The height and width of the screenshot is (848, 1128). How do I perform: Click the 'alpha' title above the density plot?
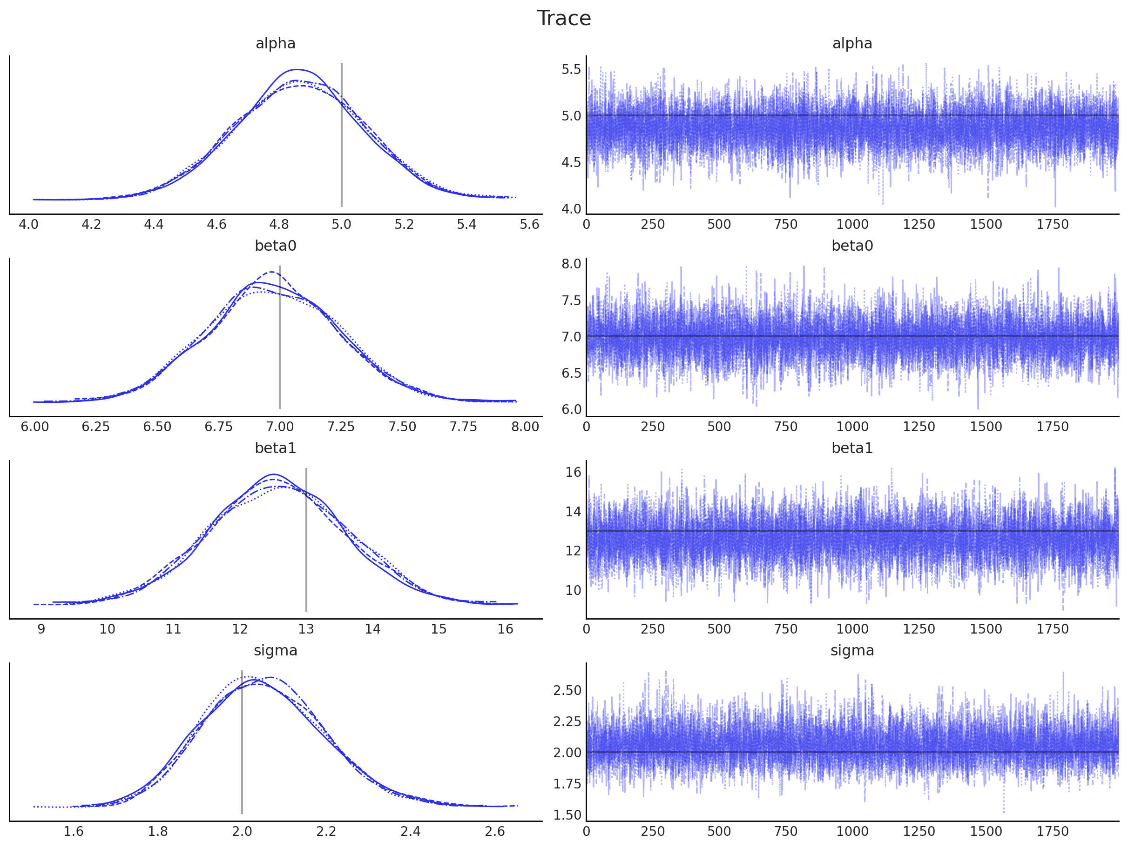pos(276,44)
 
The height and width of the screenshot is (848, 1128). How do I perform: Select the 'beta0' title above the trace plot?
pos(852,246)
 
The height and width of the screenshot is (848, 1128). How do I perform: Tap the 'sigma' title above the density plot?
pos(276,651)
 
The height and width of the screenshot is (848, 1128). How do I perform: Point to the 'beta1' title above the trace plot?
pos(852,448)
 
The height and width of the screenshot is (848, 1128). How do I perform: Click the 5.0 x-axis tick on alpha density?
pos(341,225)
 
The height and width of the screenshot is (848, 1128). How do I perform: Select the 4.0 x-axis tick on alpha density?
pos(28,225)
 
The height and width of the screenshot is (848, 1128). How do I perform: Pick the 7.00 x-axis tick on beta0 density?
pos(279,427)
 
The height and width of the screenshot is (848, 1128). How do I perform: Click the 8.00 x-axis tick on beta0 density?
pos(525,427)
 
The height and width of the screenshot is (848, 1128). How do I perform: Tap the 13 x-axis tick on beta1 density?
pos(306,629)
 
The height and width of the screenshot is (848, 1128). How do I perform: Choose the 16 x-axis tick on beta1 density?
pos(505,629)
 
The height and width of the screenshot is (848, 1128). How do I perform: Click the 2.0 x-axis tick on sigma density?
pos(242,832)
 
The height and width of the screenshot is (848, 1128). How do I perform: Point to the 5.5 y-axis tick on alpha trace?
pos(571,70)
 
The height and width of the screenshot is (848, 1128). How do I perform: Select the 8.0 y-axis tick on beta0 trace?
pos(571,264)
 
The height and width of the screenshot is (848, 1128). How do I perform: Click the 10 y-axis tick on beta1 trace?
pos(573,591)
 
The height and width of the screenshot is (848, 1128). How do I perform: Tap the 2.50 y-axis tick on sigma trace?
pos(567,690)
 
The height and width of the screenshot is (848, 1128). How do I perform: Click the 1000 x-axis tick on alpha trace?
pos(852,225)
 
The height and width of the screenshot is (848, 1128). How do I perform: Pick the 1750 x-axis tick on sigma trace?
pos(1052,832)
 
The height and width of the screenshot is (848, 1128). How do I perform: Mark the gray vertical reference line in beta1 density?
pos(306,540)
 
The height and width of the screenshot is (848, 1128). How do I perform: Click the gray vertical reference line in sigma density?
pos(242,744)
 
